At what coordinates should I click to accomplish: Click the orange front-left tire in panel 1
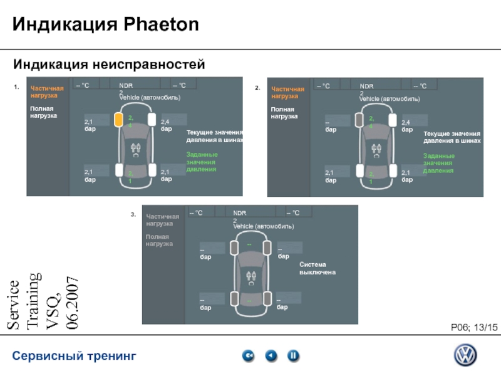(118, 120)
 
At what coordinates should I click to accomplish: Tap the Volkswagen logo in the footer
(465, 357)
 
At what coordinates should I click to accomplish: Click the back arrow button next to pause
(271, 356)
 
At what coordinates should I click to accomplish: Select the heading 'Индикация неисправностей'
(110, 65)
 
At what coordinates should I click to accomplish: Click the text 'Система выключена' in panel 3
(318, 269)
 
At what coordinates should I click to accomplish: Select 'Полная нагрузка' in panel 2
(284, 113)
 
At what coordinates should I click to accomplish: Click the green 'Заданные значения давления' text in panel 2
(438, 163)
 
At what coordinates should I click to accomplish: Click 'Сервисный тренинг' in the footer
(75, 357)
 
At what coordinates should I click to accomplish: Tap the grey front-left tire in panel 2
(359, 120)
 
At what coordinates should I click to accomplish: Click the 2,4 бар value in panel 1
(166, 125)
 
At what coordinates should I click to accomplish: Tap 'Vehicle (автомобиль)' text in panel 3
(264, 226)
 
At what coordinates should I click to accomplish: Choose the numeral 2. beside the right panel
(257, 88)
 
